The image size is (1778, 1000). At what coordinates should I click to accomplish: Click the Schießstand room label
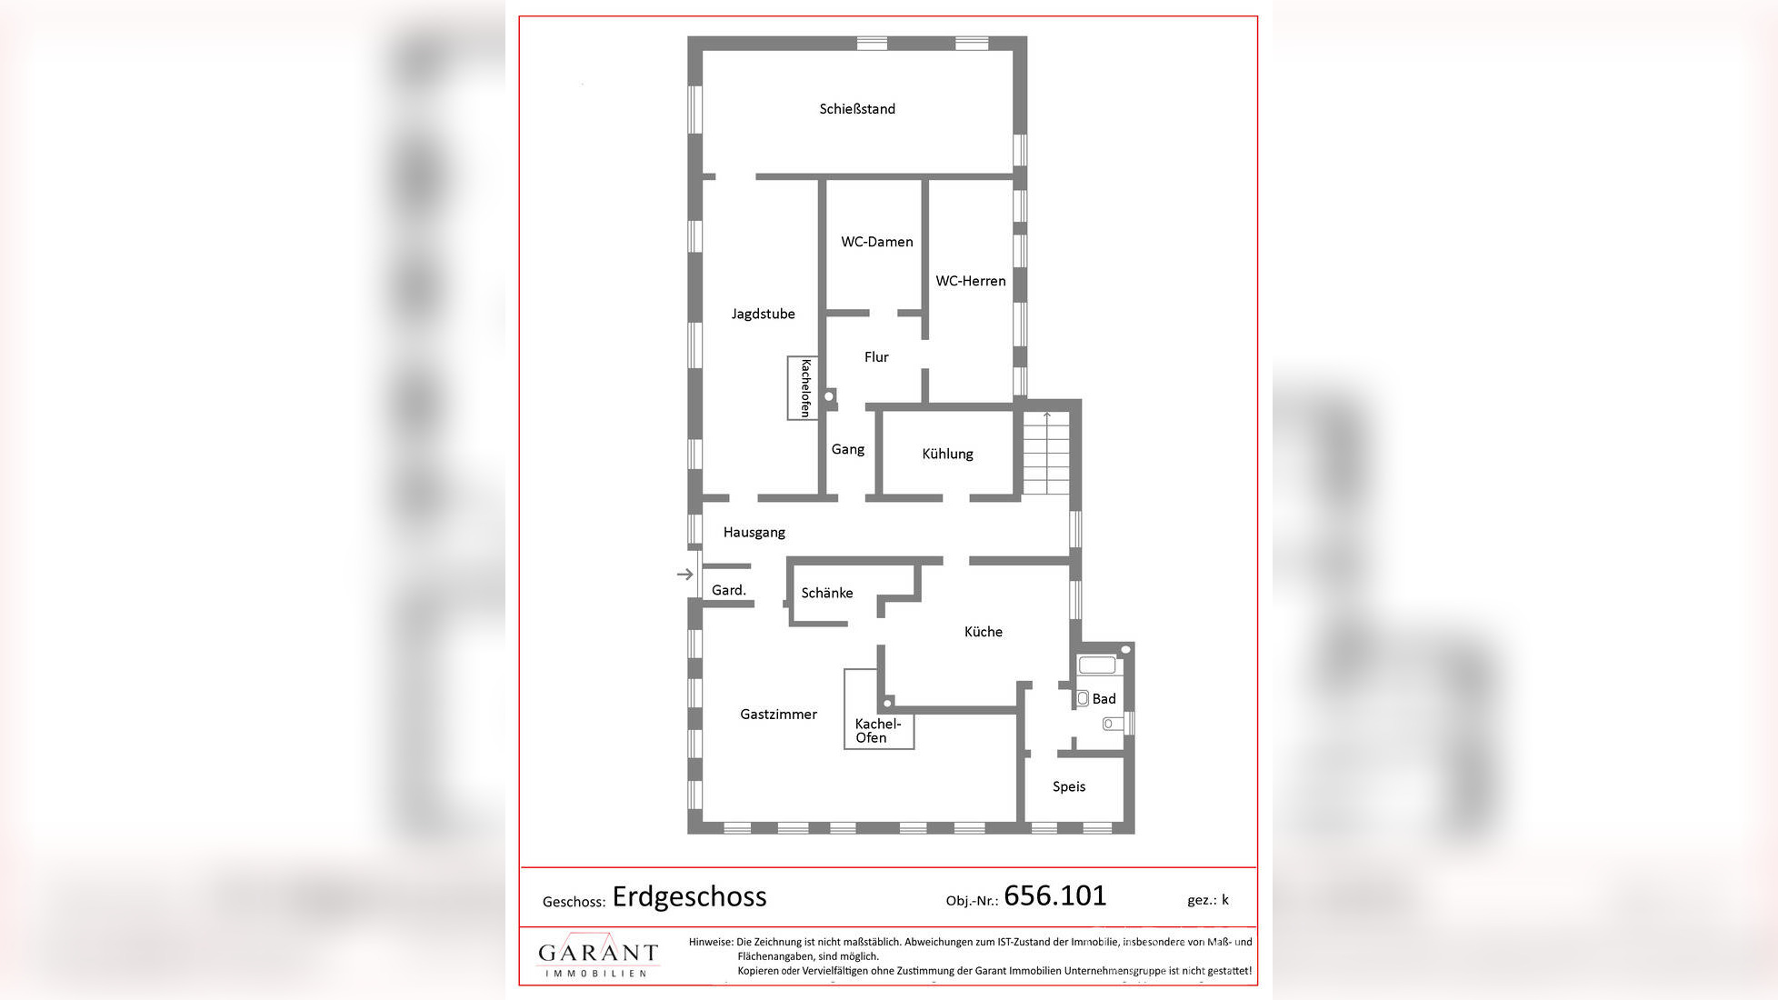857,109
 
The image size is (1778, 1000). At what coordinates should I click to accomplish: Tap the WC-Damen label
876,242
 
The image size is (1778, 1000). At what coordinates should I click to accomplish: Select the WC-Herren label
970,281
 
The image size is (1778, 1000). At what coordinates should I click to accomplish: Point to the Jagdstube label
763,314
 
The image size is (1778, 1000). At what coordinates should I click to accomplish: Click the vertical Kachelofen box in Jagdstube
803,388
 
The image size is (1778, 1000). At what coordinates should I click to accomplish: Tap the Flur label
876,357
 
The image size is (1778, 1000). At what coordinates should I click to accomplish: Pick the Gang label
847,449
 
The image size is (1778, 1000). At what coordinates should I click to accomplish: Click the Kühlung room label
947,454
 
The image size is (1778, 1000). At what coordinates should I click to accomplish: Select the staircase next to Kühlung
1046,453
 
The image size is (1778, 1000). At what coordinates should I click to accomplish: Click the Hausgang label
754,532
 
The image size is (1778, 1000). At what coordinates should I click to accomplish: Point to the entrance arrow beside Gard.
685,574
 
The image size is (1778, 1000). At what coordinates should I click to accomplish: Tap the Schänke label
826,593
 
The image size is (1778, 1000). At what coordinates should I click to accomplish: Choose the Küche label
983,632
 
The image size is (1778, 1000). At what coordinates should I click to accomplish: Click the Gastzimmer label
778,715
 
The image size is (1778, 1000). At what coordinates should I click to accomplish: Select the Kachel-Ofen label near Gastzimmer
877,730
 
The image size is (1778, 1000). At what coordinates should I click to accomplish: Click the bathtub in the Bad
1097,665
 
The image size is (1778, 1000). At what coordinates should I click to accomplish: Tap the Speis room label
1068,786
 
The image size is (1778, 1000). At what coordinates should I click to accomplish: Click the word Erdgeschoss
689,896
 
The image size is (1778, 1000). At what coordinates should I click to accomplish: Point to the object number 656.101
1054,895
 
